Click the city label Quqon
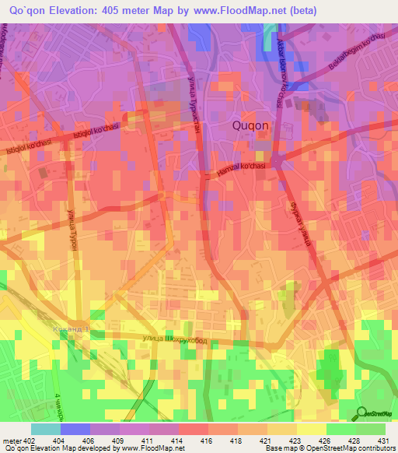[251, 125]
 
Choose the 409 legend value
[118, 441]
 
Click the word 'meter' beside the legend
[11, 441]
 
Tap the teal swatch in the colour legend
[45, 429]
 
